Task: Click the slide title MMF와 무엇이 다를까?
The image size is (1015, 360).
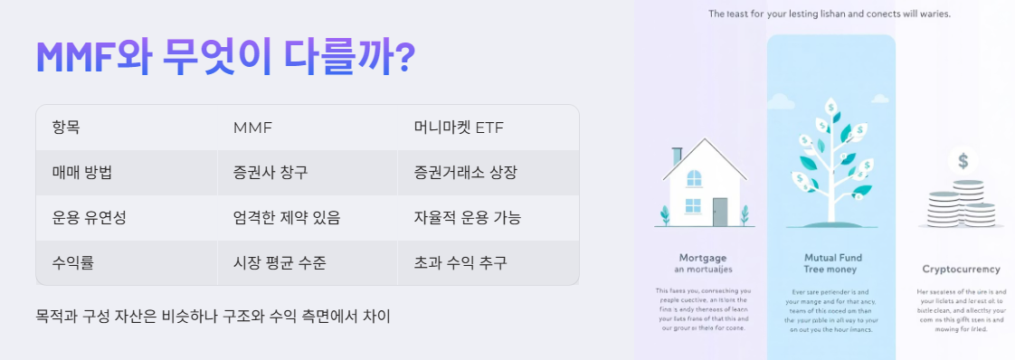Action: (225, 56)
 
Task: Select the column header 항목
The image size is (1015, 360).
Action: (67, 127)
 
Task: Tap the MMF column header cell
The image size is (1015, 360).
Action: (252, 127)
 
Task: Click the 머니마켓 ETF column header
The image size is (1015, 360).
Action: (459, 127)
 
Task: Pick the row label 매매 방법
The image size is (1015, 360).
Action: (88, 172)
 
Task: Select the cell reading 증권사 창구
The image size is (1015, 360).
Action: (277, 172)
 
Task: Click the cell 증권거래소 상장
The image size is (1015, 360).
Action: (466, 172)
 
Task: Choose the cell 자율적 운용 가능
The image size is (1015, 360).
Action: (468, 218)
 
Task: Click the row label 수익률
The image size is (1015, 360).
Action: (73, 263)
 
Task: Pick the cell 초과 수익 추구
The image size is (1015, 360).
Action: (460, 263)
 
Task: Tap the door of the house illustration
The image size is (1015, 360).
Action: (720, 212)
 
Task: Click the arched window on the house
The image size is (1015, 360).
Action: (694, 177)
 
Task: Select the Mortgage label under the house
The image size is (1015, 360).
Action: (703, 258)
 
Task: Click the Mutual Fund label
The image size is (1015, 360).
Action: (830, 258)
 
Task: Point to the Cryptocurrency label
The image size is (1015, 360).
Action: (961, 269)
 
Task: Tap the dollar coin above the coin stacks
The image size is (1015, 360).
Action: (963, 162)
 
